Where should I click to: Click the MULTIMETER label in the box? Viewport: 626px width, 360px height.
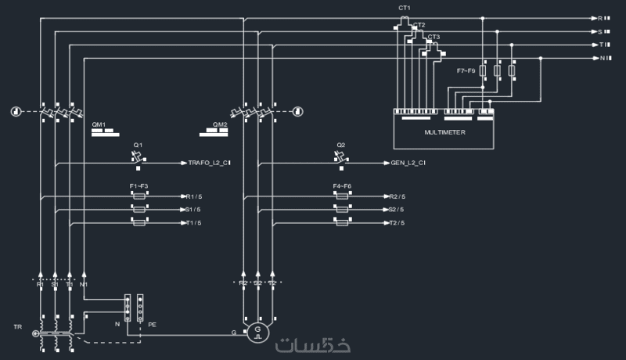[444, 133]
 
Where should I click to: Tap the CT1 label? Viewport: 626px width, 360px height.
[405, 8]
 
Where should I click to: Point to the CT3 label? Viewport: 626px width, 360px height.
[434, 37]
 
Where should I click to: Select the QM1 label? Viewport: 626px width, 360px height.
[99, 124]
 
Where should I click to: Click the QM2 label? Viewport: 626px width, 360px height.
[220, 124]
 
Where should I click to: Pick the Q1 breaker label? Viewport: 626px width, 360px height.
[138, 146]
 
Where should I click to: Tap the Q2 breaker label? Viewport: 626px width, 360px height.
[341, 146]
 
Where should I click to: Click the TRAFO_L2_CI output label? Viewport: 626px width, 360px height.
[209, 164]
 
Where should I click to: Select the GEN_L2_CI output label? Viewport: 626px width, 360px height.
[408, 164]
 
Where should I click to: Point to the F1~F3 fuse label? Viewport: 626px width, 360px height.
[139, 186]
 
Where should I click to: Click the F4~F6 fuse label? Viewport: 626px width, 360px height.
[341, 186]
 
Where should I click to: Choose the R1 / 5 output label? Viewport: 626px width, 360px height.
[192, 196]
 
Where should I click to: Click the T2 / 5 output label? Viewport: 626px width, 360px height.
[396, 223]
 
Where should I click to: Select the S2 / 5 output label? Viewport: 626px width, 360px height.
[396, 210]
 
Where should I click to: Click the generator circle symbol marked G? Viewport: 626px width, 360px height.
[257, 333]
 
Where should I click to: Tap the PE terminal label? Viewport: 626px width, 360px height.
[152, 323]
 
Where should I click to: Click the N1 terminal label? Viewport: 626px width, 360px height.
[84, 284]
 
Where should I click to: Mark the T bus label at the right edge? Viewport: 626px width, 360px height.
[601, 45]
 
